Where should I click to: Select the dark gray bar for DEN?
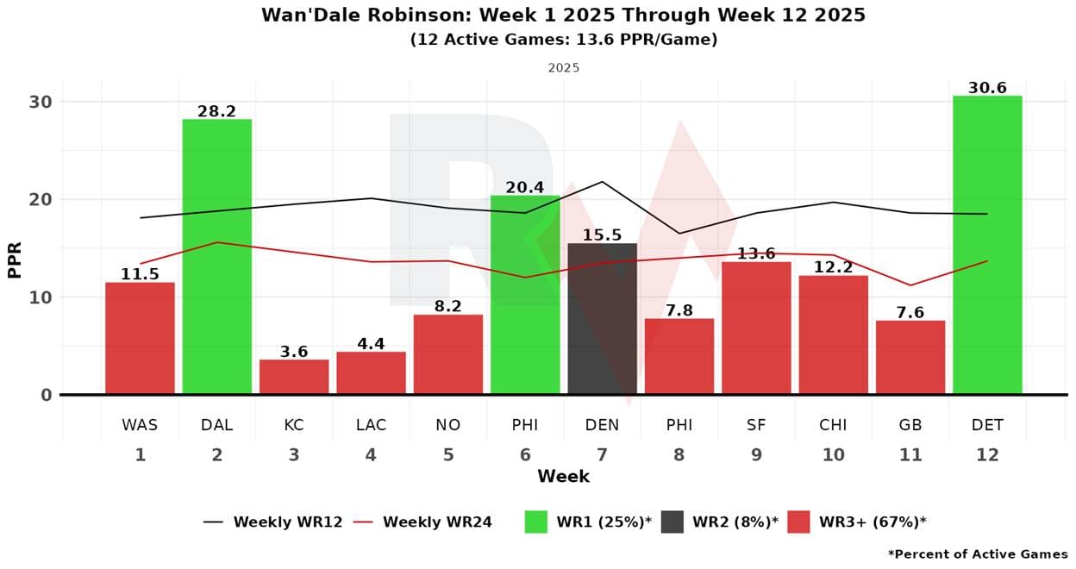tap(602, 319)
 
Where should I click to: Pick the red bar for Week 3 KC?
tap(294, 377)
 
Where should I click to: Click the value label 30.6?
tap(987, 88)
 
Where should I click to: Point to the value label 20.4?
tap(525, 187)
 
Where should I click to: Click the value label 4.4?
tap(371, 344)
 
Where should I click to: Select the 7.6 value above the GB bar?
tap(910, 313)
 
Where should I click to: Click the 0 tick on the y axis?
tap(45, 395)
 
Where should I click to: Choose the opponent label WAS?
tap(140, 425)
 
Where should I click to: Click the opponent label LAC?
tap(371, 425)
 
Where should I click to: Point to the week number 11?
tap(910, 455)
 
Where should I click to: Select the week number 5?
tap(448, 455)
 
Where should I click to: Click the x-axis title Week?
tap(563, 477)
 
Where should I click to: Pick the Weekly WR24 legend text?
tap(437, 522)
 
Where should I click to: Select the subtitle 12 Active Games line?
tap(563, 40)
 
